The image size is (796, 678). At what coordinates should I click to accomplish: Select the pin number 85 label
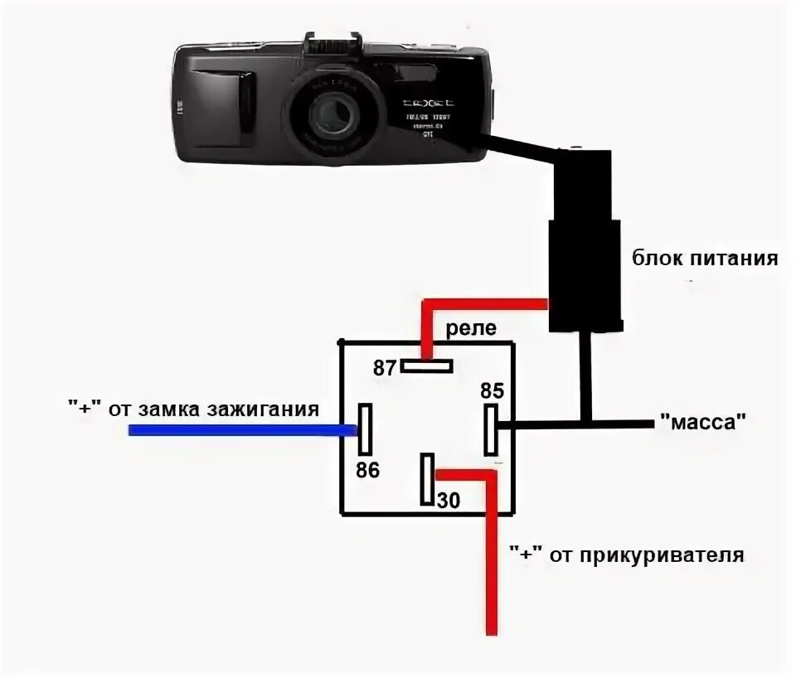coord(492,390)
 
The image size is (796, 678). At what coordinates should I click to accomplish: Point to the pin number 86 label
coord(367,471)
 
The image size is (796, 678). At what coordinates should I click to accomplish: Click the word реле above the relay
coord(471,328)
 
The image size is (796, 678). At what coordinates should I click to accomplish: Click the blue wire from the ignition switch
coord(240,429)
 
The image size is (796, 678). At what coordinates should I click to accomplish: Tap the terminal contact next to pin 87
coord(426,365)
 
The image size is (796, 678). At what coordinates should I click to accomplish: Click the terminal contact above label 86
coord(365,429)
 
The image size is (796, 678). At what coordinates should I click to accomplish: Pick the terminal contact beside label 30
coord(427,479)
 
